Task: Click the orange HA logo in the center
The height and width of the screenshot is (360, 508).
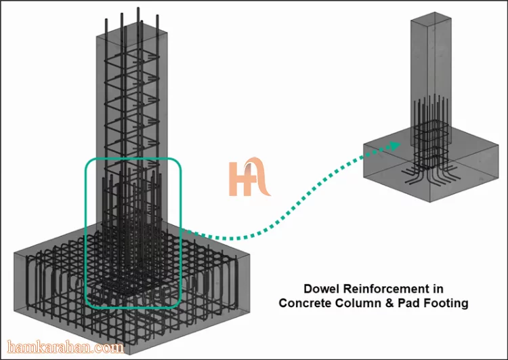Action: [249, 177]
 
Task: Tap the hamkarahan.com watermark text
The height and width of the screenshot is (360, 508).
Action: [65, 347]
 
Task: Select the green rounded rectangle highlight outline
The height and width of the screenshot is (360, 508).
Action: [85, 233]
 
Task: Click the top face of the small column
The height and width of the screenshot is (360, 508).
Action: [431, 20]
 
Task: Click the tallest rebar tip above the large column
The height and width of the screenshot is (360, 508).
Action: [138, 8]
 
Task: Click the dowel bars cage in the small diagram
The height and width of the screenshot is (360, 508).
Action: [431, 133]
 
